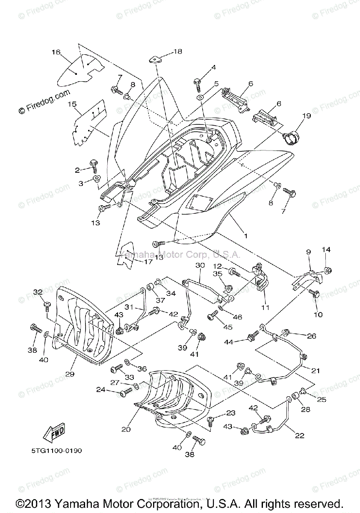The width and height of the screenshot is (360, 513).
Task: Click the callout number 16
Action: [56, 52]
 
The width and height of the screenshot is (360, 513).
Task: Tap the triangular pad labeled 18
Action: [155, 59]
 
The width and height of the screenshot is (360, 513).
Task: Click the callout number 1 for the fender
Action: [245, 236]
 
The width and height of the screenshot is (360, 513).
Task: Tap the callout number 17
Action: [148, 262]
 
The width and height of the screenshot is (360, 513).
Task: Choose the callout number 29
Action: [70, 374]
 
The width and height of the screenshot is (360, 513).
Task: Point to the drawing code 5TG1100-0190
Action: [56, 450]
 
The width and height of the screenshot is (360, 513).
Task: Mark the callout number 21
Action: [316, 370]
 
